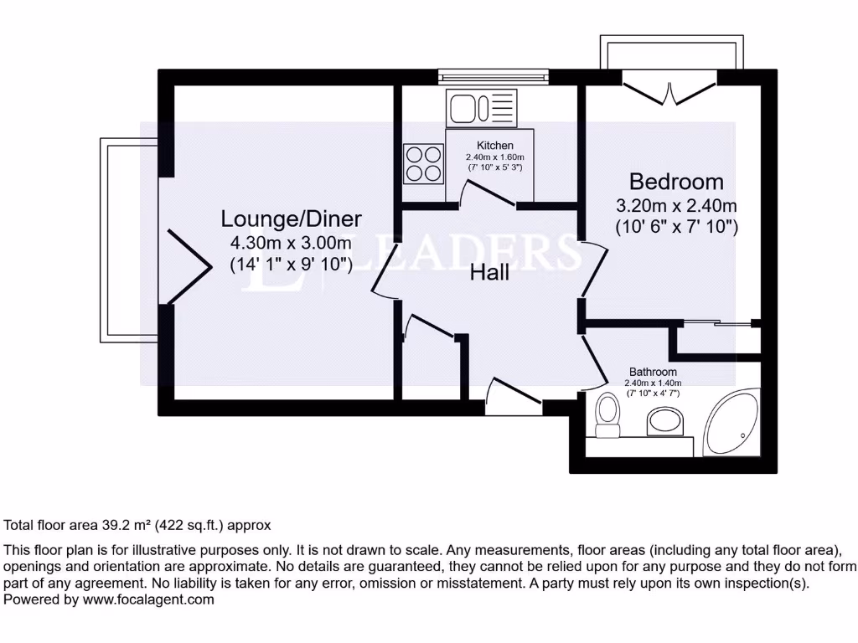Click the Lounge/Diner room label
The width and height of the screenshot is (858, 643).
[291, 219]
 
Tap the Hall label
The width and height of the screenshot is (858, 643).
[489, 273]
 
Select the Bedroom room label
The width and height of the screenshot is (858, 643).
[676, 182]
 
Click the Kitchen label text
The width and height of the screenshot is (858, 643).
[494, 146]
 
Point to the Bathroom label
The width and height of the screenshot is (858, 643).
[653, 372]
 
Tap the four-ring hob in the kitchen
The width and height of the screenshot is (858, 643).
[424, 163]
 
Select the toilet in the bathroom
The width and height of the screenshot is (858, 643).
[607, 416]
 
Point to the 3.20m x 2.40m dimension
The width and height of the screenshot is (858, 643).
[676, 205]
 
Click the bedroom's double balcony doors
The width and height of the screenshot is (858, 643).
[669, 90]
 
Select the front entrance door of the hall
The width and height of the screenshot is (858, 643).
[513, 396]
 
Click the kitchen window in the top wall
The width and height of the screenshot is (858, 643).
[494, 78]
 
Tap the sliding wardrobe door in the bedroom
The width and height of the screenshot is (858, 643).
[714, 322]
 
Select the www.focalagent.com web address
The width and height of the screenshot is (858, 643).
[147, 599]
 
